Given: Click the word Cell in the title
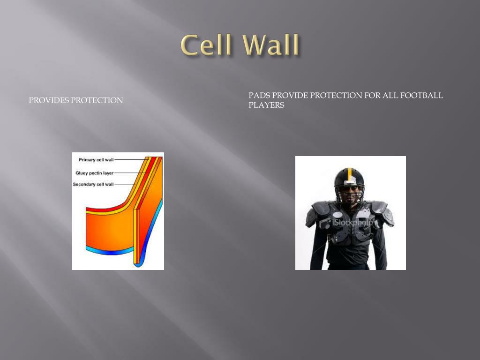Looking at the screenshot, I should (x=206, y=45).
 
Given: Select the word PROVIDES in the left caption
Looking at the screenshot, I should (x=49, y=100).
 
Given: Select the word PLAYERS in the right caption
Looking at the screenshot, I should (x=266, y=105).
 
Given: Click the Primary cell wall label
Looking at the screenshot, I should (x=96, y=160).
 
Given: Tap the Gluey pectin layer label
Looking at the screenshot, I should (x=94, y=173).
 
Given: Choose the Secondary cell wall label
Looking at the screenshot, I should (x=93, y=184).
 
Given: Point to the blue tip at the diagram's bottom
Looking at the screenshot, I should (x=138, y=263).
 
